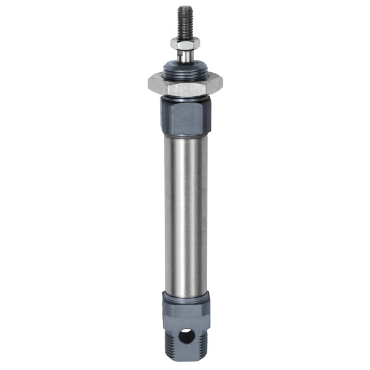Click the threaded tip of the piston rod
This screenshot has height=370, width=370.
(x=184, y=21)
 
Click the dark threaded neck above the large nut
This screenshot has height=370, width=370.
(x=184, y=70)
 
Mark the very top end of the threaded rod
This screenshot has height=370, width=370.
(x=184, y=7)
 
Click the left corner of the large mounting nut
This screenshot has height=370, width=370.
(x=150, y=82)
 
